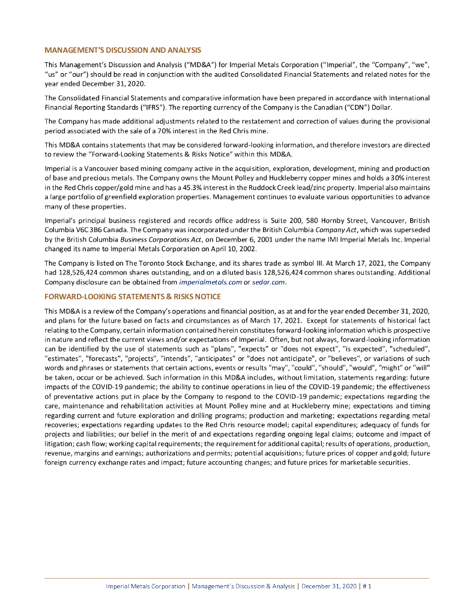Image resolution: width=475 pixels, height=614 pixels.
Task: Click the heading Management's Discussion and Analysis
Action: tap(123, 50)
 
